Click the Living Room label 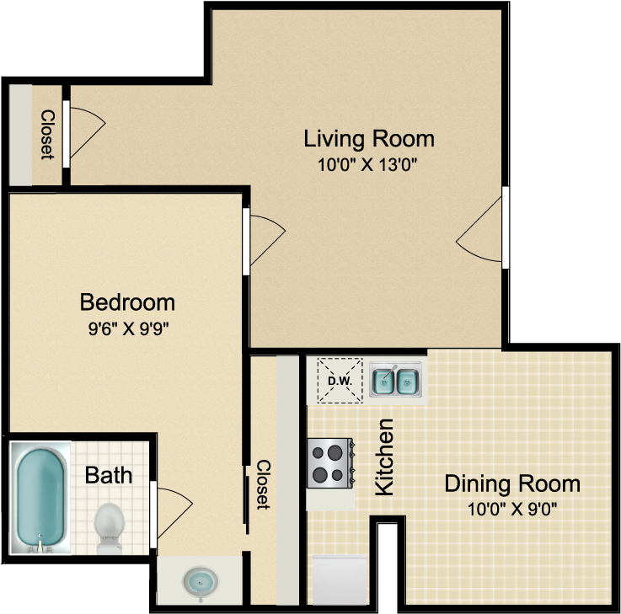click(x=369, y=138)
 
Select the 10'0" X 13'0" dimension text click(x=368, y=165)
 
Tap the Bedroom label click(x=127, y=302)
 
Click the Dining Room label click(x=512, y=483)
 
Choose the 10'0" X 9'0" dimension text click(x=512, y=509)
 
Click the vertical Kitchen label click(x=384, y=456)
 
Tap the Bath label click(x=109, y=475)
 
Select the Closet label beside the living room click(x=47, y=135)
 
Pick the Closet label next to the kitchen click(x=262, y=485)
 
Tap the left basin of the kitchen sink click(x=384, y=382)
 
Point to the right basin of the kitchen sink click(x=409, y=382)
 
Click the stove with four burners click(x=329, y=463)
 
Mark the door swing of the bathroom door click(x=173, y=510)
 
